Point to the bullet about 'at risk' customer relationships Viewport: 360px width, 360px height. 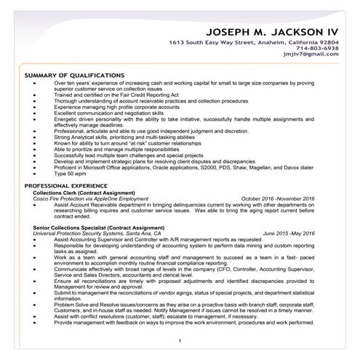pyautogui.click(x=127, y=144)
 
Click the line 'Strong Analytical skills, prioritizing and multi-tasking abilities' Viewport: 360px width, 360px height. pyautogui.click(x=135, y=136)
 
